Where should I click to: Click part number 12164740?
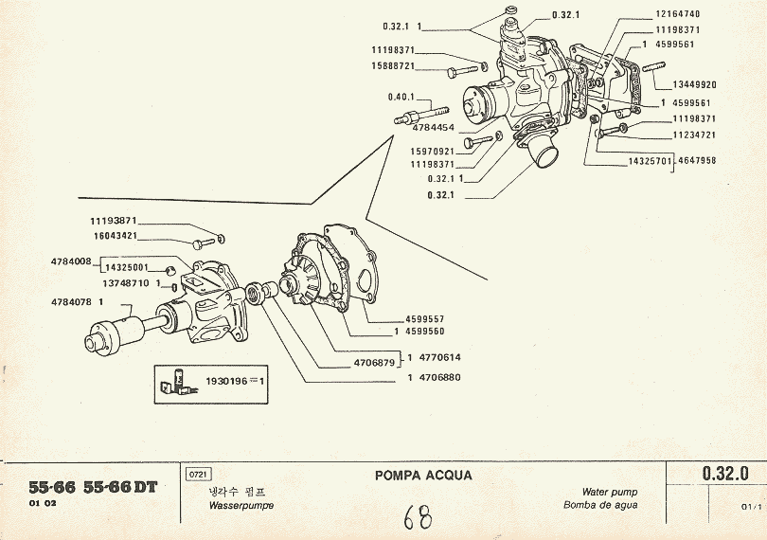(677, 14)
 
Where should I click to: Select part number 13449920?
(694, 84)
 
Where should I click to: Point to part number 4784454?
(432, 128)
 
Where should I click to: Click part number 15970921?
(432, 152)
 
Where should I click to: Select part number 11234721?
(694, 135)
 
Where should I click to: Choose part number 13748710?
(125, 282)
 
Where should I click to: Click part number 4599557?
(425, 319)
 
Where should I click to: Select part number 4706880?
(438, 379)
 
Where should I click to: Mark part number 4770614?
(438, 357)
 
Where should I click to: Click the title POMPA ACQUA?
(422, 476)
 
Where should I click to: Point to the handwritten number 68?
(417, 517)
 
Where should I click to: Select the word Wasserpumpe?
(240, 506)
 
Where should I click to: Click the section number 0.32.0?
(725, 473)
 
